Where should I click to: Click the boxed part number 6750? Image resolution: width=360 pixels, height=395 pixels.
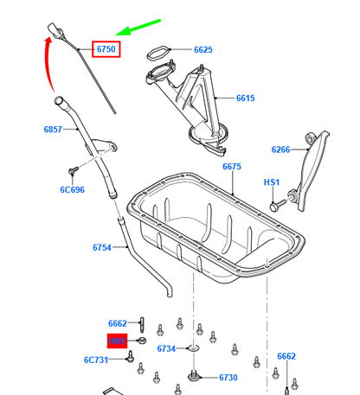coord(106,50)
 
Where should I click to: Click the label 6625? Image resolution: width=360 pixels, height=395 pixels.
coord(202,50)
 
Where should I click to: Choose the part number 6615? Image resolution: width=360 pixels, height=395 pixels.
coord(245,99)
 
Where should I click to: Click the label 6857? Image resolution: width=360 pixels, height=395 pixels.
coord(55,130)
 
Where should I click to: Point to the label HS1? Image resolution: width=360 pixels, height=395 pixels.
coord(272,183)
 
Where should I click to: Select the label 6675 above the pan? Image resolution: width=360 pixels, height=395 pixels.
coord(233,166)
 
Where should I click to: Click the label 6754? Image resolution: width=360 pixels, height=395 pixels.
coord(103,248)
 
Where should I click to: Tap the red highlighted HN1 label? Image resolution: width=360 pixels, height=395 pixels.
coord(117,342)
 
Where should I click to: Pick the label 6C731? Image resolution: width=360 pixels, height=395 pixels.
coord(96,360)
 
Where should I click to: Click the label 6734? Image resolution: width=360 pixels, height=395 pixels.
coord(166,348)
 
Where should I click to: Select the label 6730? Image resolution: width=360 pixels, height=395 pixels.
coord(228,378)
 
